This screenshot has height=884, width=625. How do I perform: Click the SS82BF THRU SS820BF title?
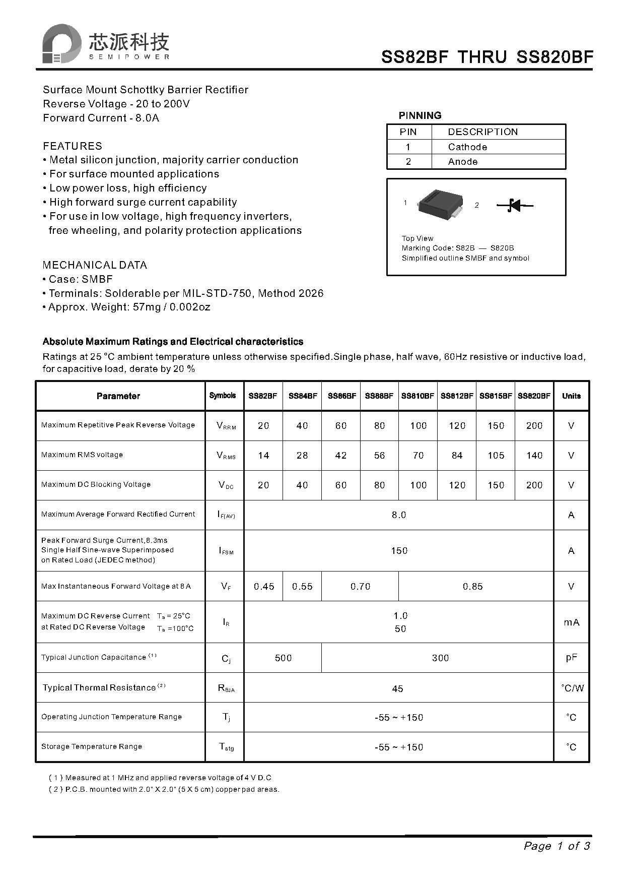(x=487, y=57)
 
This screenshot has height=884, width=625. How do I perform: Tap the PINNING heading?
(x=420, y=115)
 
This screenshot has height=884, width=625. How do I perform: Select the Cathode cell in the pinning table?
(x=467, y=147)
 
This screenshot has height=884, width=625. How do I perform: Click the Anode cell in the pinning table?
(x=462, y=161)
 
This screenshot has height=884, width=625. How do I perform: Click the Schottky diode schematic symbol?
(x=514, y=205)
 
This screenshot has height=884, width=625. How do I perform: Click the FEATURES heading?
(x=73, y=146)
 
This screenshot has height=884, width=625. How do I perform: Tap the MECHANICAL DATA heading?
(x=95, y=265)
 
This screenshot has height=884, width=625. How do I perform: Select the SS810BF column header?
(x=418, y=396)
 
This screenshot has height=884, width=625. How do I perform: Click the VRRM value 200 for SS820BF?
(x=534, y=425)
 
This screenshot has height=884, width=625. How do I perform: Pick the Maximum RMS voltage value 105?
(x=496, y=455)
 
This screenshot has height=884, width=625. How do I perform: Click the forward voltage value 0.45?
(x=264, y=586)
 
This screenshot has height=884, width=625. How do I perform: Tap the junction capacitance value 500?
(x=283, y=658)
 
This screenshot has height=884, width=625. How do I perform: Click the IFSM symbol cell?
(x=226, y=550)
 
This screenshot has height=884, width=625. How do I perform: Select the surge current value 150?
(x=399, y=550)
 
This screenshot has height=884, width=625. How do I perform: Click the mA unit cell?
(x=571, y=622)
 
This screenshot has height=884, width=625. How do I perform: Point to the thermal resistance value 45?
(x=397, y=688)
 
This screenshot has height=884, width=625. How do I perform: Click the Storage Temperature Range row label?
(x=92, y=746)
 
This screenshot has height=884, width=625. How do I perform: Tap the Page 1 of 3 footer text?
(x=557, y=846)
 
